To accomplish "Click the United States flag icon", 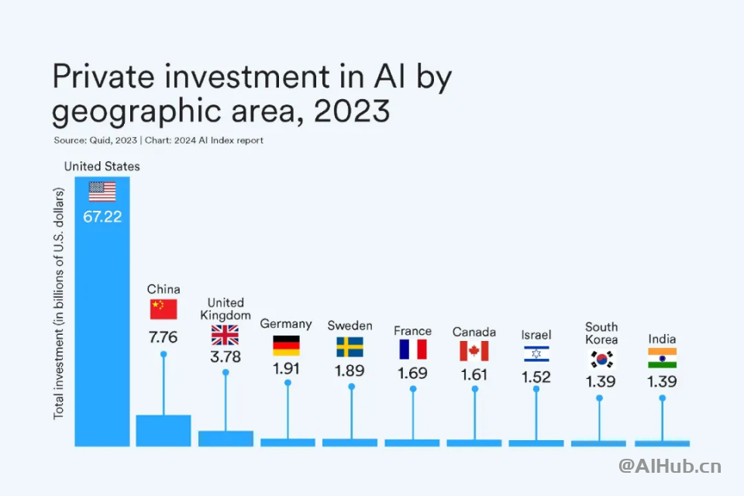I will pos(102,191).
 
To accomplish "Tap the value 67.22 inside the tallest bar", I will pos(102,217).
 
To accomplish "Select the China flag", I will pos(164,309).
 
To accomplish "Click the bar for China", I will pos(164,430).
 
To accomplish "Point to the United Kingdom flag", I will pos(226,335).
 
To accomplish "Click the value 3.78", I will pos(226,357).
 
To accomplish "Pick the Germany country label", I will pos(286,324).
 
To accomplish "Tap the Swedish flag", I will pos(350,346).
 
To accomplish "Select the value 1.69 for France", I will pos(412,373).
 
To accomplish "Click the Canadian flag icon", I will pos(474,351).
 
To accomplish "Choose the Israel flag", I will pos(536,354).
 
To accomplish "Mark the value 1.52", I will pos(536,377).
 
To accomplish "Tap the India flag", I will pos(662,358).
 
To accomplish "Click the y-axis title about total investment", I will pos(59,303).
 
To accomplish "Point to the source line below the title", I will pos(158,140).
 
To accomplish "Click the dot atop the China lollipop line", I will pos(164,353).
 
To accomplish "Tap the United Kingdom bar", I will pos(226,438).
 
